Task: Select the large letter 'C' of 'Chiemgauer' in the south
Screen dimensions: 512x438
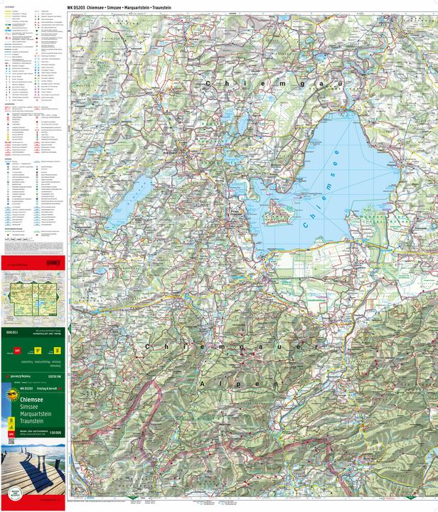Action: tap(148, 346)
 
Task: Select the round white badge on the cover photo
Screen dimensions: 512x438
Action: tap(12, 491)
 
